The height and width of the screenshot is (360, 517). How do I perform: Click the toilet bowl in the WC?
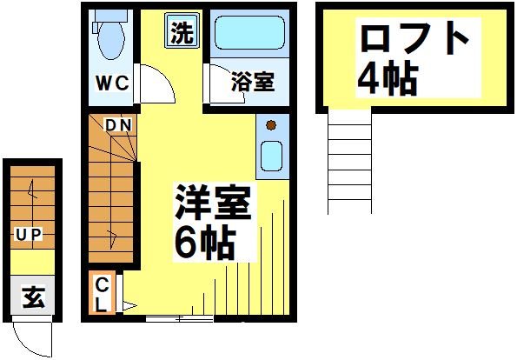pos(110,37)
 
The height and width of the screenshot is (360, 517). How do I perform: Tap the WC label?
pos(113,83)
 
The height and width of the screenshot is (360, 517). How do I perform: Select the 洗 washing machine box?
pos(182,33)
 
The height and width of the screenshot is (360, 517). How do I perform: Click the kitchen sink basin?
pos(271,157)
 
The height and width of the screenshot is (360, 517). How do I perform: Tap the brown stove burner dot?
pos(271,124)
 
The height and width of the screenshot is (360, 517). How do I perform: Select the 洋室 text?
pos(212,204)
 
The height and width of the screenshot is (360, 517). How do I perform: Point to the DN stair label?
pos(118,126)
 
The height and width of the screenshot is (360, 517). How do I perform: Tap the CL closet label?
pos(102,294)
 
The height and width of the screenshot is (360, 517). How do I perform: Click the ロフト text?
pos(414,38)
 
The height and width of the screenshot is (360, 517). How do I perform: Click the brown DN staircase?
pos(111,191)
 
